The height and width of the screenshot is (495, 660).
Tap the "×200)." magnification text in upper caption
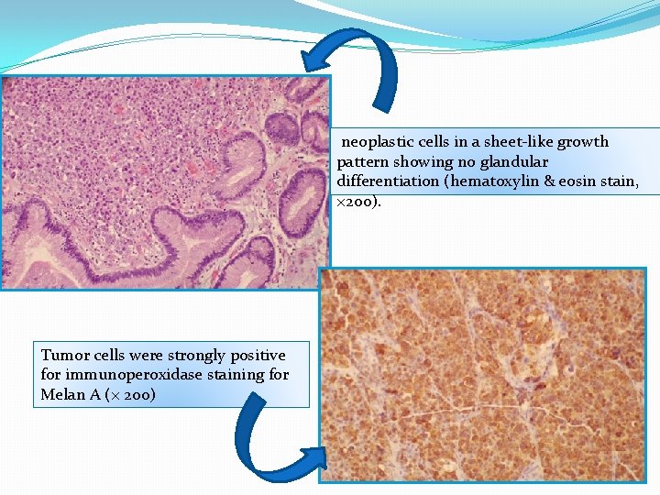coord(358,201)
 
